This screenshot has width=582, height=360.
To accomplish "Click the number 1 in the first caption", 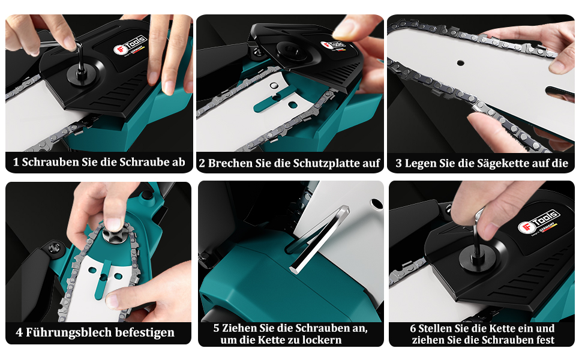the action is click(x=16, y=162).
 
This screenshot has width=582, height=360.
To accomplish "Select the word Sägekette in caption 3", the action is click(x=505, y=163).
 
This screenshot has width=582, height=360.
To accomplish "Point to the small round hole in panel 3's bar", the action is click(x=460, y=63).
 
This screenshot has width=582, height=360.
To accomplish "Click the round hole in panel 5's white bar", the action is click(x=377, y=204).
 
